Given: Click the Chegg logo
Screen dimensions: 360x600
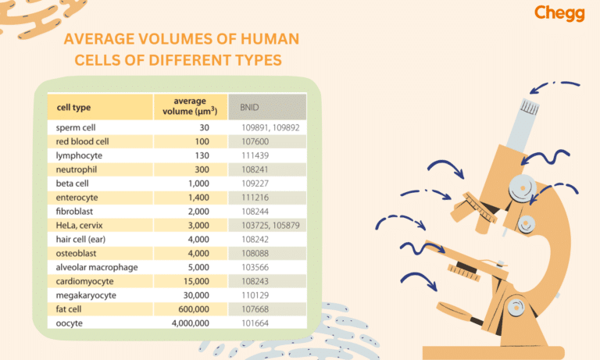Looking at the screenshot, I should tap(559, 14).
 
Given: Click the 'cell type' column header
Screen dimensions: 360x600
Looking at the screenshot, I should tap(73, 107).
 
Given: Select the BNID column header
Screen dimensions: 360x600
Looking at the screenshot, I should tap(249, 107).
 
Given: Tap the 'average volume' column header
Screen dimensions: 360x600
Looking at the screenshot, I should tap(191, 107).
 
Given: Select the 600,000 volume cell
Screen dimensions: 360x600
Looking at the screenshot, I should tap(191, 308).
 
